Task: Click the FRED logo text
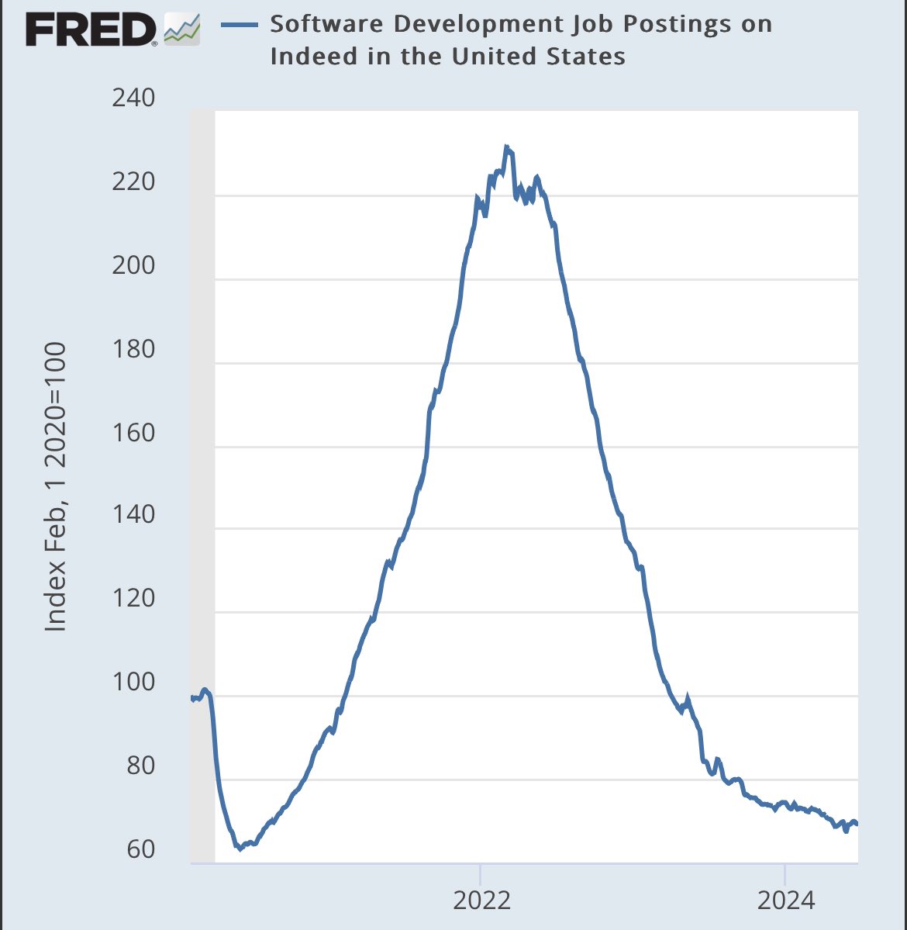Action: [x=91, y=30]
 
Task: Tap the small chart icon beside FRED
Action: [x=182, y=29]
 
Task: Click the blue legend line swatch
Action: [x=239, y=24]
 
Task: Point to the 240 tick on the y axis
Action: [x=133, y=99]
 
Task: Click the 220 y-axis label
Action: [x=133, y=182]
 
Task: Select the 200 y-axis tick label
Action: [x=133, y=265]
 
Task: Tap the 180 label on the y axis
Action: [x=133, y=349]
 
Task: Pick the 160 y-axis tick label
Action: [x=133, y=432]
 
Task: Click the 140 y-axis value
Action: [x=133, y=515]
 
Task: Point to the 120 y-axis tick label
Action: [x=133, y=599]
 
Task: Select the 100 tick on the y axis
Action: [x=133, y=683]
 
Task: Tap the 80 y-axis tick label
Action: [x=140, y=766]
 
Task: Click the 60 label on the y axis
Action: [x=140, y=849]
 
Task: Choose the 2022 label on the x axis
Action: [x=482, y=901]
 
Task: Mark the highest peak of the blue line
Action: [x=505, y=147]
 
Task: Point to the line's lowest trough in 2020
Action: [x=240, y=849]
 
